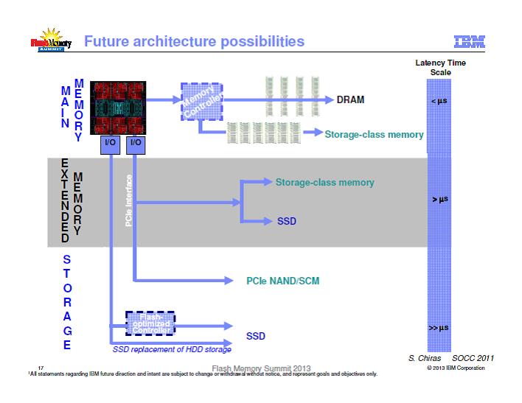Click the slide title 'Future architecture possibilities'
tap(194, 41)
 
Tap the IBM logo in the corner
tap(470, 41)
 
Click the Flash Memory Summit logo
tap(50, 43)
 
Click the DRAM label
tap(351, 100)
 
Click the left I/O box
tap(108, 141)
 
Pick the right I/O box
tap(135, 141)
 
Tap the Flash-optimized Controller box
tap(151, 323)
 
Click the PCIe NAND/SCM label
tap(282, 281)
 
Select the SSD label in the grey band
tap(286, 220)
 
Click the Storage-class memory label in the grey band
tap(324, 182)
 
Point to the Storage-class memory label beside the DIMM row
tap(374, 134)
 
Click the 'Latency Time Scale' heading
tap(440, 67)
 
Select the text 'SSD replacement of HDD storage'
tap(172, 349)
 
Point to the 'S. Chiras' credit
tap(424, 358)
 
